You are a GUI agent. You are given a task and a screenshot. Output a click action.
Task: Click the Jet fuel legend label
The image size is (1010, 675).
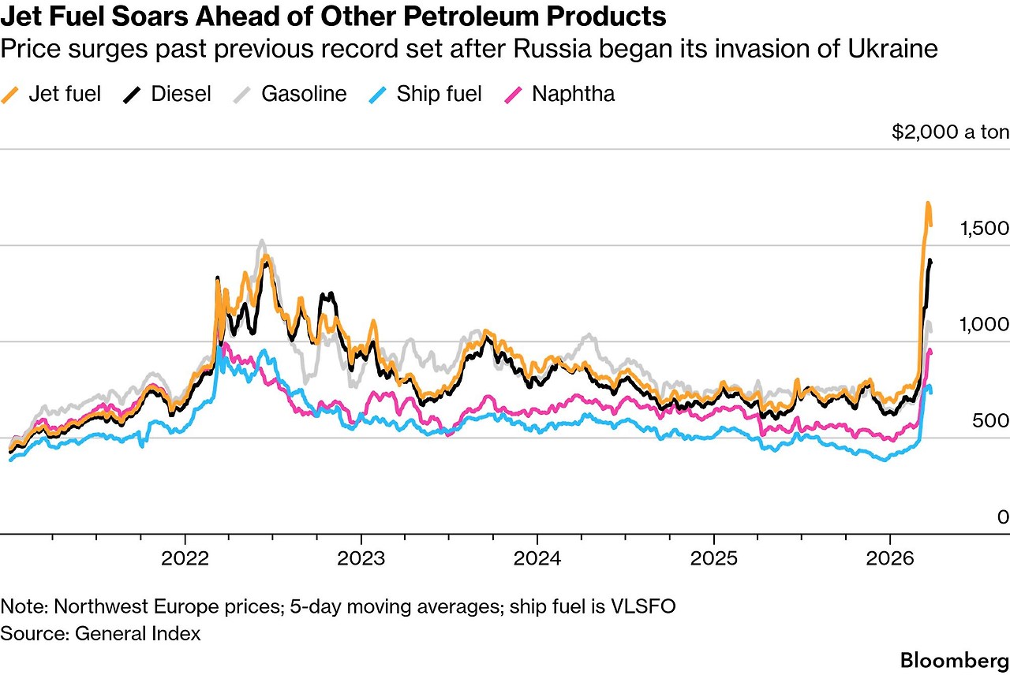click(x=65, y=94)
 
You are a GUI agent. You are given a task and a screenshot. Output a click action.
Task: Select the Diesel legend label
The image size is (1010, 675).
click(x=181, y=94)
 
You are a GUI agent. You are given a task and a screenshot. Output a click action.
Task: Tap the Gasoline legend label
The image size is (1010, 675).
click(x=304, y=94)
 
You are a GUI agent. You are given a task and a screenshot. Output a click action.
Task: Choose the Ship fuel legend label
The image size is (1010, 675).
click(x=439, y=94)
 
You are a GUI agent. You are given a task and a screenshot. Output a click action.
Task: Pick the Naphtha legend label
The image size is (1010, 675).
click(x=573, y=94)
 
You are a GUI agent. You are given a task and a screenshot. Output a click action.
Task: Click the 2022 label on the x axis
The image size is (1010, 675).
click(x=185, y=558)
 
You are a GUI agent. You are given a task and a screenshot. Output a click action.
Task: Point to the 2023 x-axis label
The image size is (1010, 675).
click(x=361, y=558)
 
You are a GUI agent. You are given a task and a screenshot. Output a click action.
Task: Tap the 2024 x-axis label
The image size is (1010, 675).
click(x=537, y=558)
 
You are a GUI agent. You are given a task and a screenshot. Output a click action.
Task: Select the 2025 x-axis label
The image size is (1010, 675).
click(x=713, y=558)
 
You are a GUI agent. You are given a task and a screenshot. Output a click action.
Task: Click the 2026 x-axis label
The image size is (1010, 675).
click(x=889, y=558)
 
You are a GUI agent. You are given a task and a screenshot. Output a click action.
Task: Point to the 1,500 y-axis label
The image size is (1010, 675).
click(x=984, y=229)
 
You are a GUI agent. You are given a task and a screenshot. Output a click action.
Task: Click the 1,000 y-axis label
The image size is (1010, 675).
click(x=984, y=325)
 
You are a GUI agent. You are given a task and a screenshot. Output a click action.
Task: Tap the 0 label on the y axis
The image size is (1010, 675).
click(x=1003, y=517)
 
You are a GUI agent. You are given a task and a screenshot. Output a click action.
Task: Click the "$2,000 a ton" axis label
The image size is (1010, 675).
click(x=950, y=132)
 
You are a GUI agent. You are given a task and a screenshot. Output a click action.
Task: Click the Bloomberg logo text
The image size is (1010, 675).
click(x=955, y=659)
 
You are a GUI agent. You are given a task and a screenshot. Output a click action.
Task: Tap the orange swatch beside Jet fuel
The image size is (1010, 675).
click(x=10, y=95)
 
